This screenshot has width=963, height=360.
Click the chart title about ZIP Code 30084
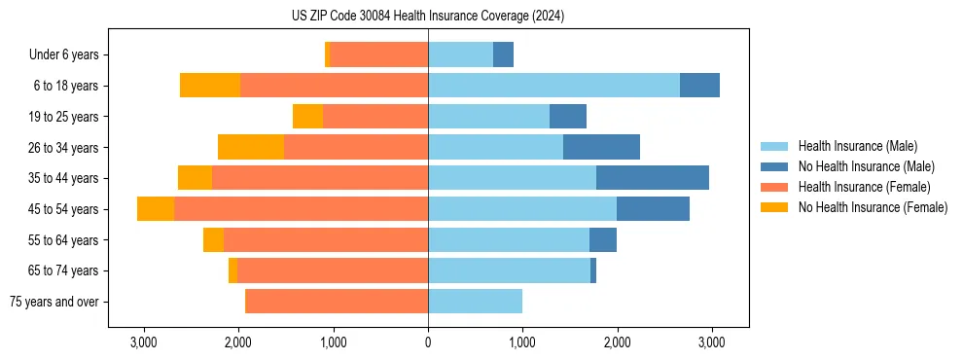pos(428,17)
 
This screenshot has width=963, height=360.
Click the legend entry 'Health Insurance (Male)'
pos(857,146)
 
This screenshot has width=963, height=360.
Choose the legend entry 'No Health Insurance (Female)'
pos(873,207)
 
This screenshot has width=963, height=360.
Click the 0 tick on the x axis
pos(428,343)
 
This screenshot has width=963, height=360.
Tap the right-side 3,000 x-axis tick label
pos(711,343)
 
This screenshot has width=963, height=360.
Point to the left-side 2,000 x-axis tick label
pos(238,343)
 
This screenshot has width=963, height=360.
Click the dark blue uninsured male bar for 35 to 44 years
pos(653,178)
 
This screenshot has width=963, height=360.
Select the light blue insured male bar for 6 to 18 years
pos(553,86)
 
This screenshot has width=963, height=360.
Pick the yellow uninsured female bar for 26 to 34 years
pos(251,147)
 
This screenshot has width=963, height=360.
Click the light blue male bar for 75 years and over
pos(475,302)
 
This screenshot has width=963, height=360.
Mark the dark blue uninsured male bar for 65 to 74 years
pos(593,270)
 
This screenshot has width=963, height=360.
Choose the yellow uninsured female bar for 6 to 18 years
pos(210,86)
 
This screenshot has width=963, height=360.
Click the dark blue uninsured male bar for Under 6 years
pos(503,55)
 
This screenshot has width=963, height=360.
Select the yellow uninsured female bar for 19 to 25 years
pos(307,117)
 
